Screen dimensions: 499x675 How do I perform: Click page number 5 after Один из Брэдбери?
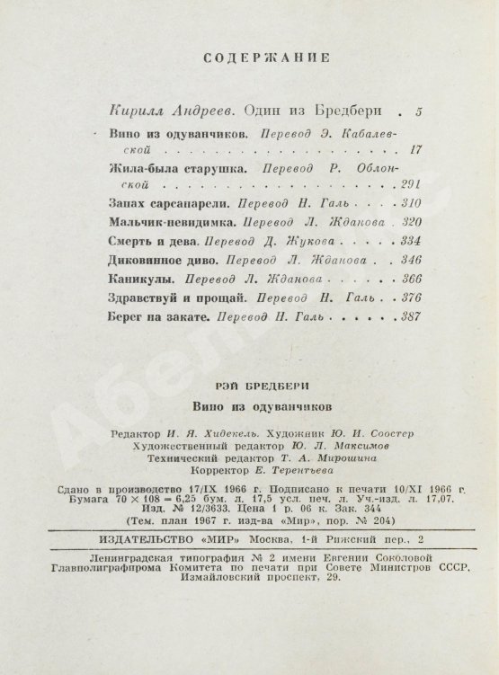tap(416, 111)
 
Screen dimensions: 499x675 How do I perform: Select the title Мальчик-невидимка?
tap(169, 223)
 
